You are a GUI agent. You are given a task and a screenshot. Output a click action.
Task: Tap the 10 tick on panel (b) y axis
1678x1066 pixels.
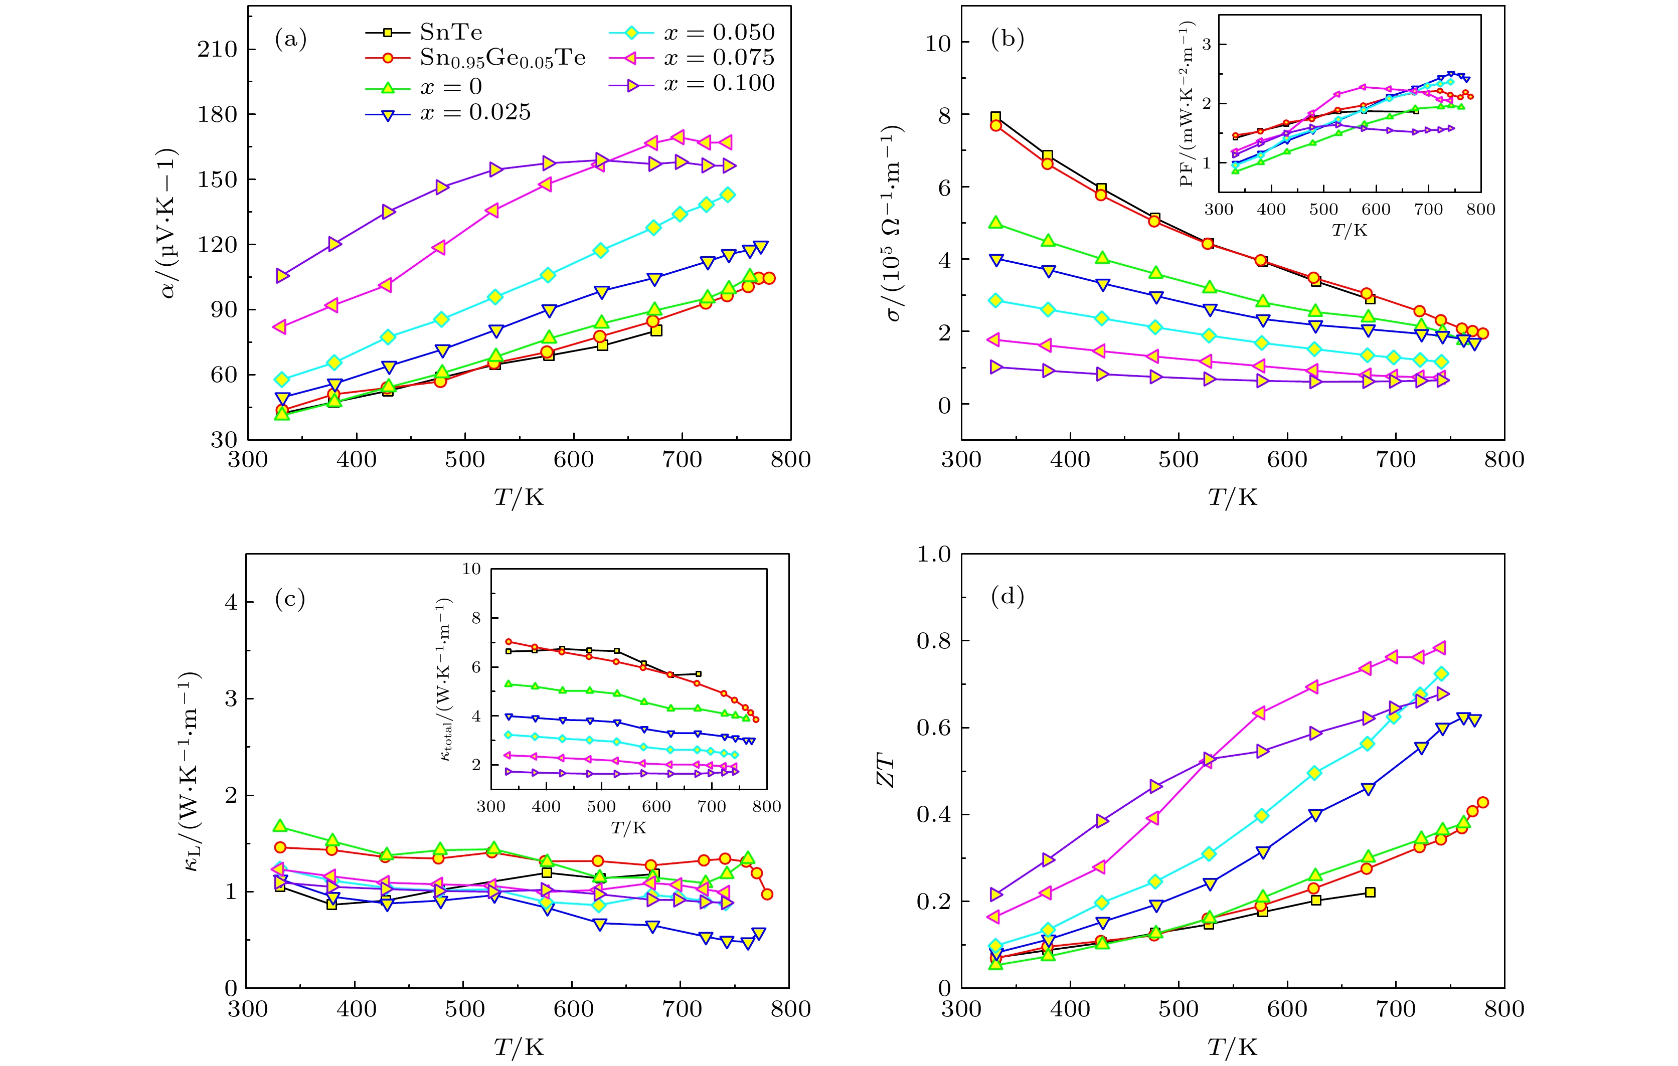937,43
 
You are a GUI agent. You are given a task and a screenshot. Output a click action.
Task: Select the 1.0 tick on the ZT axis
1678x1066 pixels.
933,555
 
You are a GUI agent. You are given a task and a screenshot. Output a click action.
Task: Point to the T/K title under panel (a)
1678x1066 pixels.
519,497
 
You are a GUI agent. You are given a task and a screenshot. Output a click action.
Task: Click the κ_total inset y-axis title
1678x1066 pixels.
446,679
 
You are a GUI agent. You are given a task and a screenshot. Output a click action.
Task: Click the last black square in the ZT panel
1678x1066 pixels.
1370,893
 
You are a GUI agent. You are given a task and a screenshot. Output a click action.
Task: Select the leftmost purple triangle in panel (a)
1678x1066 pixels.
282,276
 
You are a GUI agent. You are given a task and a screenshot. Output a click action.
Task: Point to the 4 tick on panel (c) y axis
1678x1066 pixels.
231,603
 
